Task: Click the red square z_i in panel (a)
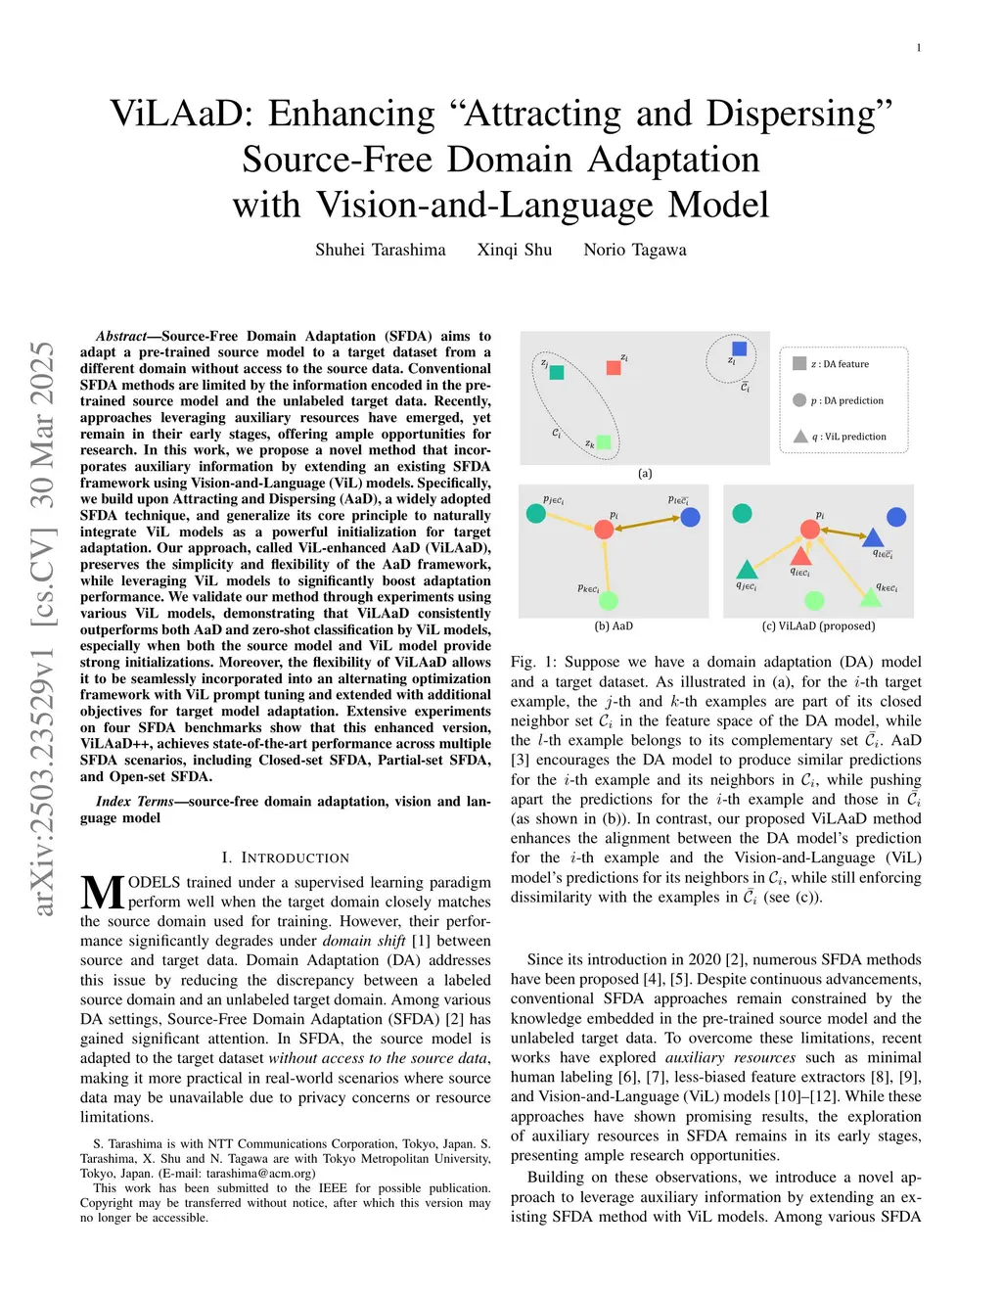click(614, 368)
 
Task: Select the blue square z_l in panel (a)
click(739, 348)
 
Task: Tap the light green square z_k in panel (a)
click(604, 442)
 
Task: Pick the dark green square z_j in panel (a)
click(557, 373)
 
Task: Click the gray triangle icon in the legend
click(799, 437)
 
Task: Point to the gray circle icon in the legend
click(799, 400)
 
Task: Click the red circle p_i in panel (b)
click(604, 530)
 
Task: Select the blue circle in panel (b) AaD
click(690, 517)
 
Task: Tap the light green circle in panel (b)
click(609, 600)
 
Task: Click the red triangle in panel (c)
click(800, 557)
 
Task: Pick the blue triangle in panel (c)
click(873, 536)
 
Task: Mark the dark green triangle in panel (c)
click(747, 569)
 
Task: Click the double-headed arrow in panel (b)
click(647, 524)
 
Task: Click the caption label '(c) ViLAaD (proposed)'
click(818, 626)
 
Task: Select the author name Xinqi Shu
click(515, 250)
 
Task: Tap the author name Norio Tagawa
click(635, 250)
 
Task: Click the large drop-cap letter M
click(102, 893)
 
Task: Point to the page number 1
click(919, 48)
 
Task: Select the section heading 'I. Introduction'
click(285, 857)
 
